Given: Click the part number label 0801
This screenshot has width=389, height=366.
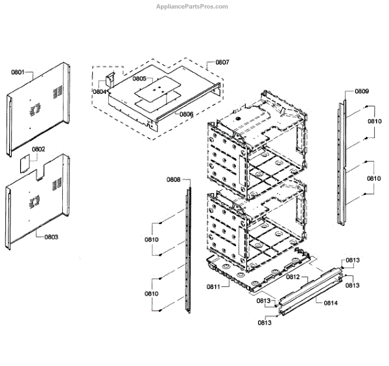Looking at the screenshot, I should (18, 72).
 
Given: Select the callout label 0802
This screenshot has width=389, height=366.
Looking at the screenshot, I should (38, 150).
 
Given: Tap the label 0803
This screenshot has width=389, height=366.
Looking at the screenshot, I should (51, 237).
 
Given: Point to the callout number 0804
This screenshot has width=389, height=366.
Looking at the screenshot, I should (99, 92).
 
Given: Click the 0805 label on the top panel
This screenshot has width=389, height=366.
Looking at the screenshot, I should (139, 78).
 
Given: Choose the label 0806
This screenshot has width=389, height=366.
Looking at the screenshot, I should (186, 114).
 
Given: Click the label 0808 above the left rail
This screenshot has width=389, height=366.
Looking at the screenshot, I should (173, 179).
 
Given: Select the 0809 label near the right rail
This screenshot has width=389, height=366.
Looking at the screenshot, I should (361, 92).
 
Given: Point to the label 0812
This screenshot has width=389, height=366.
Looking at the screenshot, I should (293, 277).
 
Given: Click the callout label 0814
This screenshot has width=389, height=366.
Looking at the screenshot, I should (331, 302).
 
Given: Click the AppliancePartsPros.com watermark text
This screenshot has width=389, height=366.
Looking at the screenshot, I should (193, 6).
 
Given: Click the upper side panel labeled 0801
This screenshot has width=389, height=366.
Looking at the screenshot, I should (39, 107).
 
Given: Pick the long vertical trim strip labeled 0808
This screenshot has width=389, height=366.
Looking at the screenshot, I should (189, 249).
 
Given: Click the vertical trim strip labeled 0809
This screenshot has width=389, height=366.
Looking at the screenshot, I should (341, 162).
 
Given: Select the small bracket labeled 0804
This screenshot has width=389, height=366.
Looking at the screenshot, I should (109, 80).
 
